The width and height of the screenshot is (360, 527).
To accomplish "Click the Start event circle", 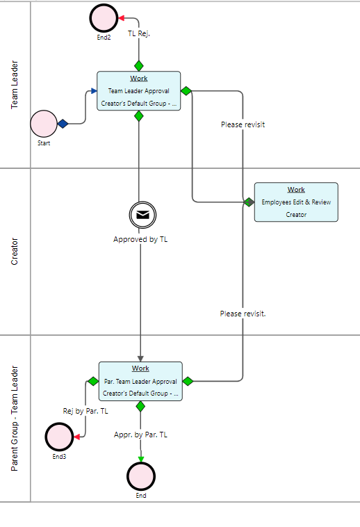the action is click(x=44, y=124).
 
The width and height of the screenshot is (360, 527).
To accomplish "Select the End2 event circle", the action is click(x=104, y=18).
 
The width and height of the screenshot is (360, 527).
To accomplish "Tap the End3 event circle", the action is click(x=59, y=437).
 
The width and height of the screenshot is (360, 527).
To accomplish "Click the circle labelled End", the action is click(x=141, y=476).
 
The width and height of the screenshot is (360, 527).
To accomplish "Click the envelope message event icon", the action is click(x=142, y=215).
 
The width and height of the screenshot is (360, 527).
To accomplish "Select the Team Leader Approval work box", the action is click(x=139, y=91).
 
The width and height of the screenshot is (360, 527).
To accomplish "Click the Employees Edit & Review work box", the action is click(x=296, y=202).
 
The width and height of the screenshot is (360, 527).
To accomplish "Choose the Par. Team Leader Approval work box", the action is click(x=140, y=381).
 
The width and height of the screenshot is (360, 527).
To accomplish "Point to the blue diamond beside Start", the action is click(x=63, y=124).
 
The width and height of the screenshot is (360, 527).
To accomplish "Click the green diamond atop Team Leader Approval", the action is click(x=139, y=66).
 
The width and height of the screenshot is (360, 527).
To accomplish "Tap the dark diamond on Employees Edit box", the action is click(x=249, y=202).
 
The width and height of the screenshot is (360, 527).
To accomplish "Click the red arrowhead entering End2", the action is click(x=122, y=18).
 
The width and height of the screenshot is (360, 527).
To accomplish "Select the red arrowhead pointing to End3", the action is click(x=77, y=437).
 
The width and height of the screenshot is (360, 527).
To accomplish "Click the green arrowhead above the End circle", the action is click(x=141, y=459).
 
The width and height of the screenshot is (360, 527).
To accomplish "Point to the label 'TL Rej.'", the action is click(x=139, y=33).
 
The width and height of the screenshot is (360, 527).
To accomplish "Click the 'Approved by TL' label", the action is click(x=140, y=239).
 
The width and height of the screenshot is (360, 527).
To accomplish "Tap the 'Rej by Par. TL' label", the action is click(x=85, y=411).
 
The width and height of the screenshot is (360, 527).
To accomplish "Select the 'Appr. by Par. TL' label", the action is click(x=140, y=435).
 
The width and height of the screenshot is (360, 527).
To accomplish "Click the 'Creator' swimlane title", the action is click(x=15, y=252).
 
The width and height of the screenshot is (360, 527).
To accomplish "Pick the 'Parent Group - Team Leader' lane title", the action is click(x=15, y=419).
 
